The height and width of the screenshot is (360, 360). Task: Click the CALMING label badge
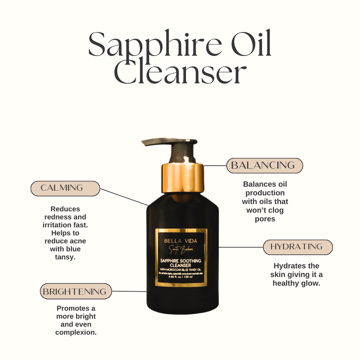pyautogui.click(x=65, y=188)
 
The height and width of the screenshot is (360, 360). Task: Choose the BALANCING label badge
pyautogui.click(x=264, y=165)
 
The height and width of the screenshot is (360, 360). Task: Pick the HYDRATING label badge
pyautogui.click(x=297, y=247)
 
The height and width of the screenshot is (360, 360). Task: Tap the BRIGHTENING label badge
pyautogui.click(x=76, y=291)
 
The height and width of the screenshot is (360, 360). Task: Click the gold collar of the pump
pyautogui.click(x=182, y=178)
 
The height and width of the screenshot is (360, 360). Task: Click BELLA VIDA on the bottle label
pyautogui.click(x=181, y=241)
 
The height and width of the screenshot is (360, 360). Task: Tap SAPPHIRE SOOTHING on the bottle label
pyautogui.click(x=181, y=261)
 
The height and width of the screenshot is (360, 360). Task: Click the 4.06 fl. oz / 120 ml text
pyautogui.click(x=181, y=277)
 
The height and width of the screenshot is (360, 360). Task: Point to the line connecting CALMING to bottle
pyautogui.click(x=124, y=197)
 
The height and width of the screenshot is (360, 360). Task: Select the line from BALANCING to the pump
pyautogui.click(x=215, y=165)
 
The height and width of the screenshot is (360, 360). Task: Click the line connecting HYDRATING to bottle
pyautogui.click(x=241, y=247)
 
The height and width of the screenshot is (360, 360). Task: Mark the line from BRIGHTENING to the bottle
pyautogui.click(x=129, y=291)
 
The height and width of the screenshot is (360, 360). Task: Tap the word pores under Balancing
pyautogui.click(x=265, y=219)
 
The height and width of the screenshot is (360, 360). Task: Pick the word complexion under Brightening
pyautogui.click(x=76, y=332)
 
